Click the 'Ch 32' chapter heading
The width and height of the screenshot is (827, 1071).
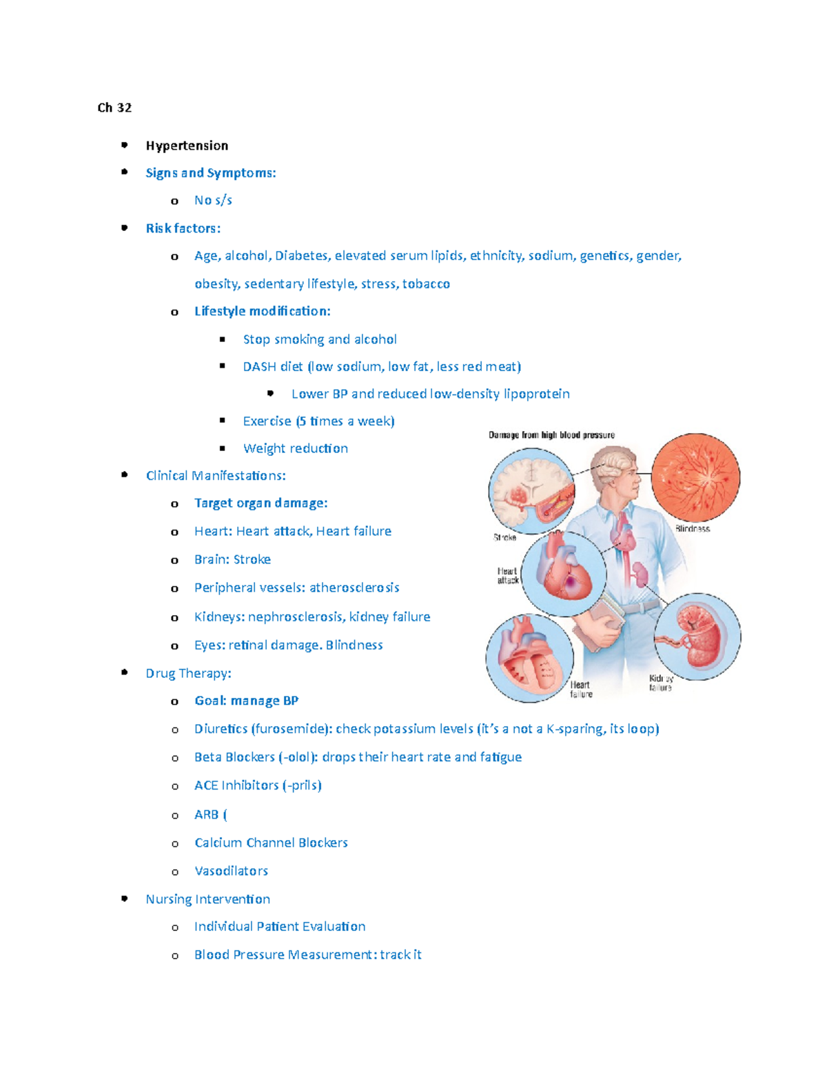[114, 108]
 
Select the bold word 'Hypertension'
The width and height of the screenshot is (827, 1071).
[187, 146]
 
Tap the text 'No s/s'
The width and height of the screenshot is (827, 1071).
[213, 201]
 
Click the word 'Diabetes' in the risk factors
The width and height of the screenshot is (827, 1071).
[301, 256]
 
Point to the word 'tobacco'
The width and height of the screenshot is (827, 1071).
[426, 284]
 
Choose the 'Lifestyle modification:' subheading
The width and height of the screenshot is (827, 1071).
[262, 312]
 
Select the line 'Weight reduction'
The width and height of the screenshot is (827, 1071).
[295, 449]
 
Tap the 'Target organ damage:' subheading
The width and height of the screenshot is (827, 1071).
[261, 503]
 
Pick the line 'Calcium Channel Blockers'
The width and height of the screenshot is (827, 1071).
[271, 843]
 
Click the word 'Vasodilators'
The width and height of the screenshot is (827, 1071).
[231, 871]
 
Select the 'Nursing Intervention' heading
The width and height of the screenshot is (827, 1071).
[207, 899]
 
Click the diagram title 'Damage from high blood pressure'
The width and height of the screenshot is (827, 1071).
[551, 435]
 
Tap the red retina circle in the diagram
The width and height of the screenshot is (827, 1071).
[695, 477]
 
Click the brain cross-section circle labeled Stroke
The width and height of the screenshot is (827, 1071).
[531, 491]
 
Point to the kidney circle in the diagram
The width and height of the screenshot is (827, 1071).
[697, 637]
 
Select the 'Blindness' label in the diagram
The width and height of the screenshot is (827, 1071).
[692, 529]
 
